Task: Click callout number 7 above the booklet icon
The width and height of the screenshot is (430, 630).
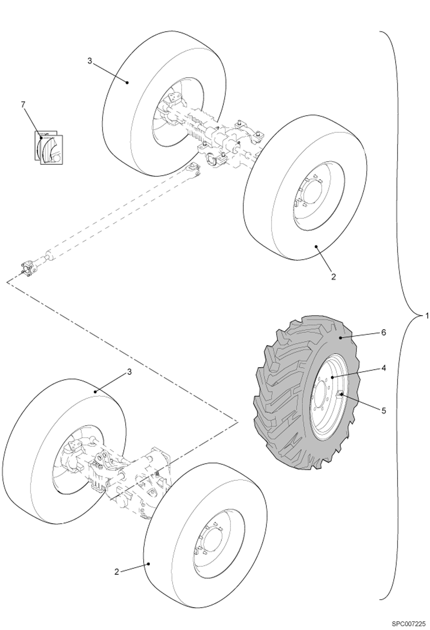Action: point(23,105)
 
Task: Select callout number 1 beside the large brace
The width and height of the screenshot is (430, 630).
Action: point(427,316)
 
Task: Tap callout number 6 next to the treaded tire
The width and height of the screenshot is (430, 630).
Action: point(383,333)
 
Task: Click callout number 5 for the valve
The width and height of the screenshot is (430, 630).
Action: point(383,411)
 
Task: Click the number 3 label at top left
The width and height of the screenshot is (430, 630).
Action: point(90,61)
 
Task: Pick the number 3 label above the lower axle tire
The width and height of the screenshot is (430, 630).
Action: point(129,372)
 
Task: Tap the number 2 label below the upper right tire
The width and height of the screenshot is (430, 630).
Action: point(333,277)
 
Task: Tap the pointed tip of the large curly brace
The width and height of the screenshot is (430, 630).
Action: point(420,316)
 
